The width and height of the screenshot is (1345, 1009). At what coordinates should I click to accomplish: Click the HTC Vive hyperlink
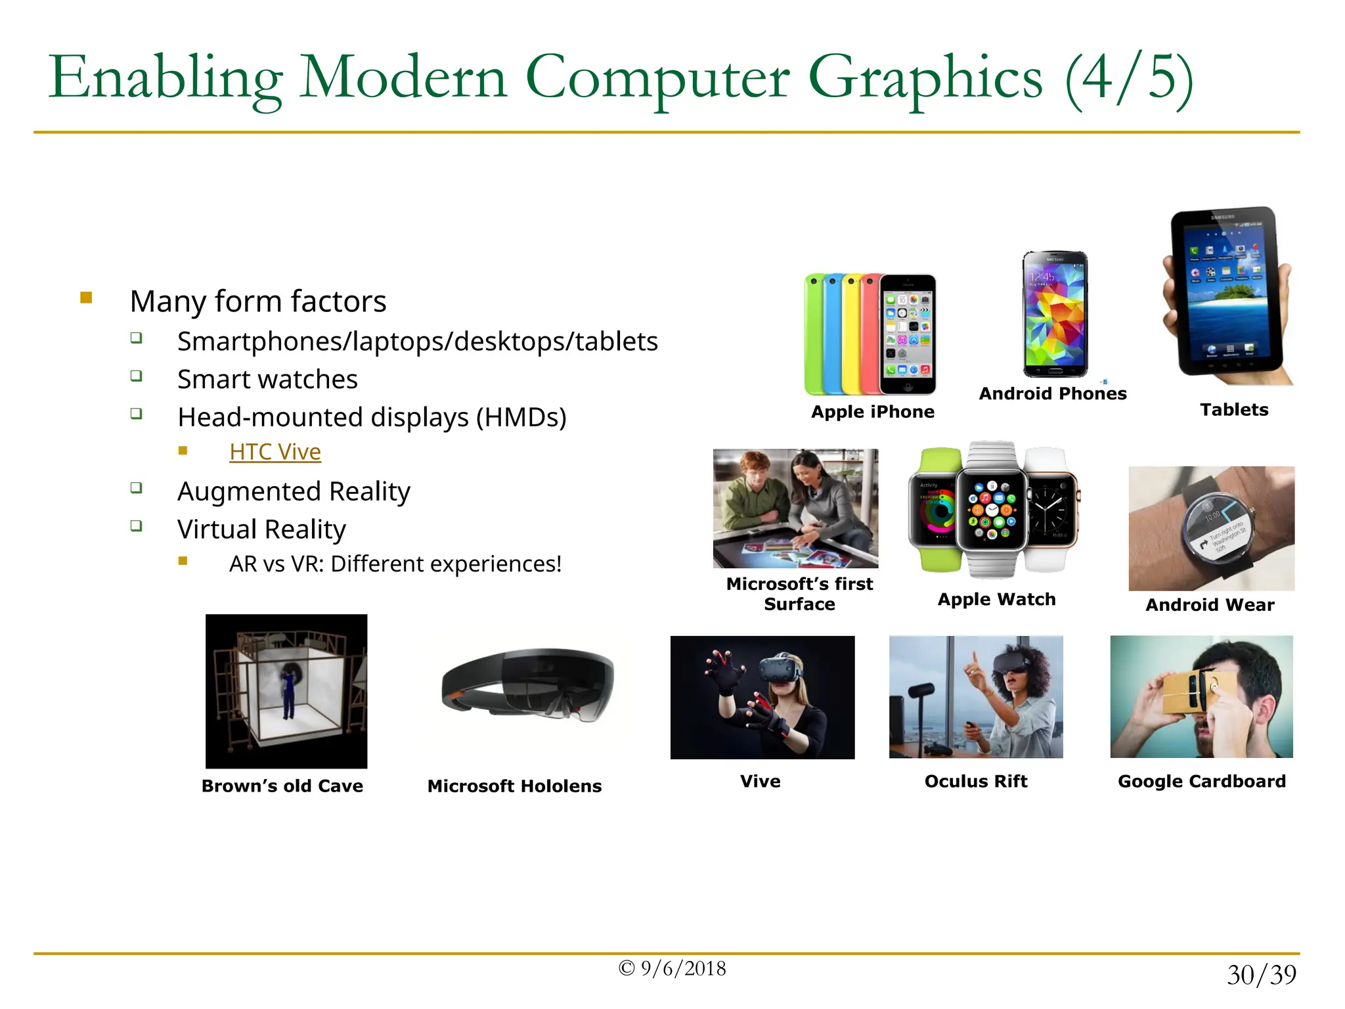click(x=275, y=452)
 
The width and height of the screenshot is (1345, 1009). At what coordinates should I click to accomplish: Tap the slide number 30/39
click(x=1261, y=975)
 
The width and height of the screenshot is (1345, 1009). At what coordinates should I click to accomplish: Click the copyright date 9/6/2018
click(x=672, y=968)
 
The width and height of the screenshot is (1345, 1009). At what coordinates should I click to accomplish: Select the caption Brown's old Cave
click(x=282, y=786)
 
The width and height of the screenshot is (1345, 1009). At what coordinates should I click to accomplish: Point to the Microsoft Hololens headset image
click(x=528, y=686)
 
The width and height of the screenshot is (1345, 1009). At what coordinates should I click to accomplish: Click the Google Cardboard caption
click(x=1201, y=781)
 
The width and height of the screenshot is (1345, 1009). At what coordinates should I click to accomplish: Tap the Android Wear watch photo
click(x=1211, y=528)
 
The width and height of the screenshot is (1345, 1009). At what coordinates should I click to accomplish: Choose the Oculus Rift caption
click(x=976, y=781)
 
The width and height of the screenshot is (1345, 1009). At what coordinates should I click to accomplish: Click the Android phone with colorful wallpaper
click(x=1055, y=313)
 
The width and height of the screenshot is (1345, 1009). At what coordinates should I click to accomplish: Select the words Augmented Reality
click(x=294, y=491)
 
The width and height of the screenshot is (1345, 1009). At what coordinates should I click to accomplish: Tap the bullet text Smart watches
click(x=267, y=380)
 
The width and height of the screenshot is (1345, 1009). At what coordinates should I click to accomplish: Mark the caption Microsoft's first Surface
click(x=799, y=594)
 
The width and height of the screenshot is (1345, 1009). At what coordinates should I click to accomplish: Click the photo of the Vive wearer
click(x=762, y=697)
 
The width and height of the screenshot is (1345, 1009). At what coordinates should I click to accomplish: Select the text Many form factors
click(x=258, y=302)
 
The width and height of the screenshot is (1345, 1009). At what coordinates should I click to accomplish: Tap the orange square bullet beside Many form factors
click(x=86, y=298)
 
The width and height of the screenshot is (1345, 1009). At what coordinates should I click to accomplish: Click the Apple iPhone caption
click(x=872, y=412)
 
